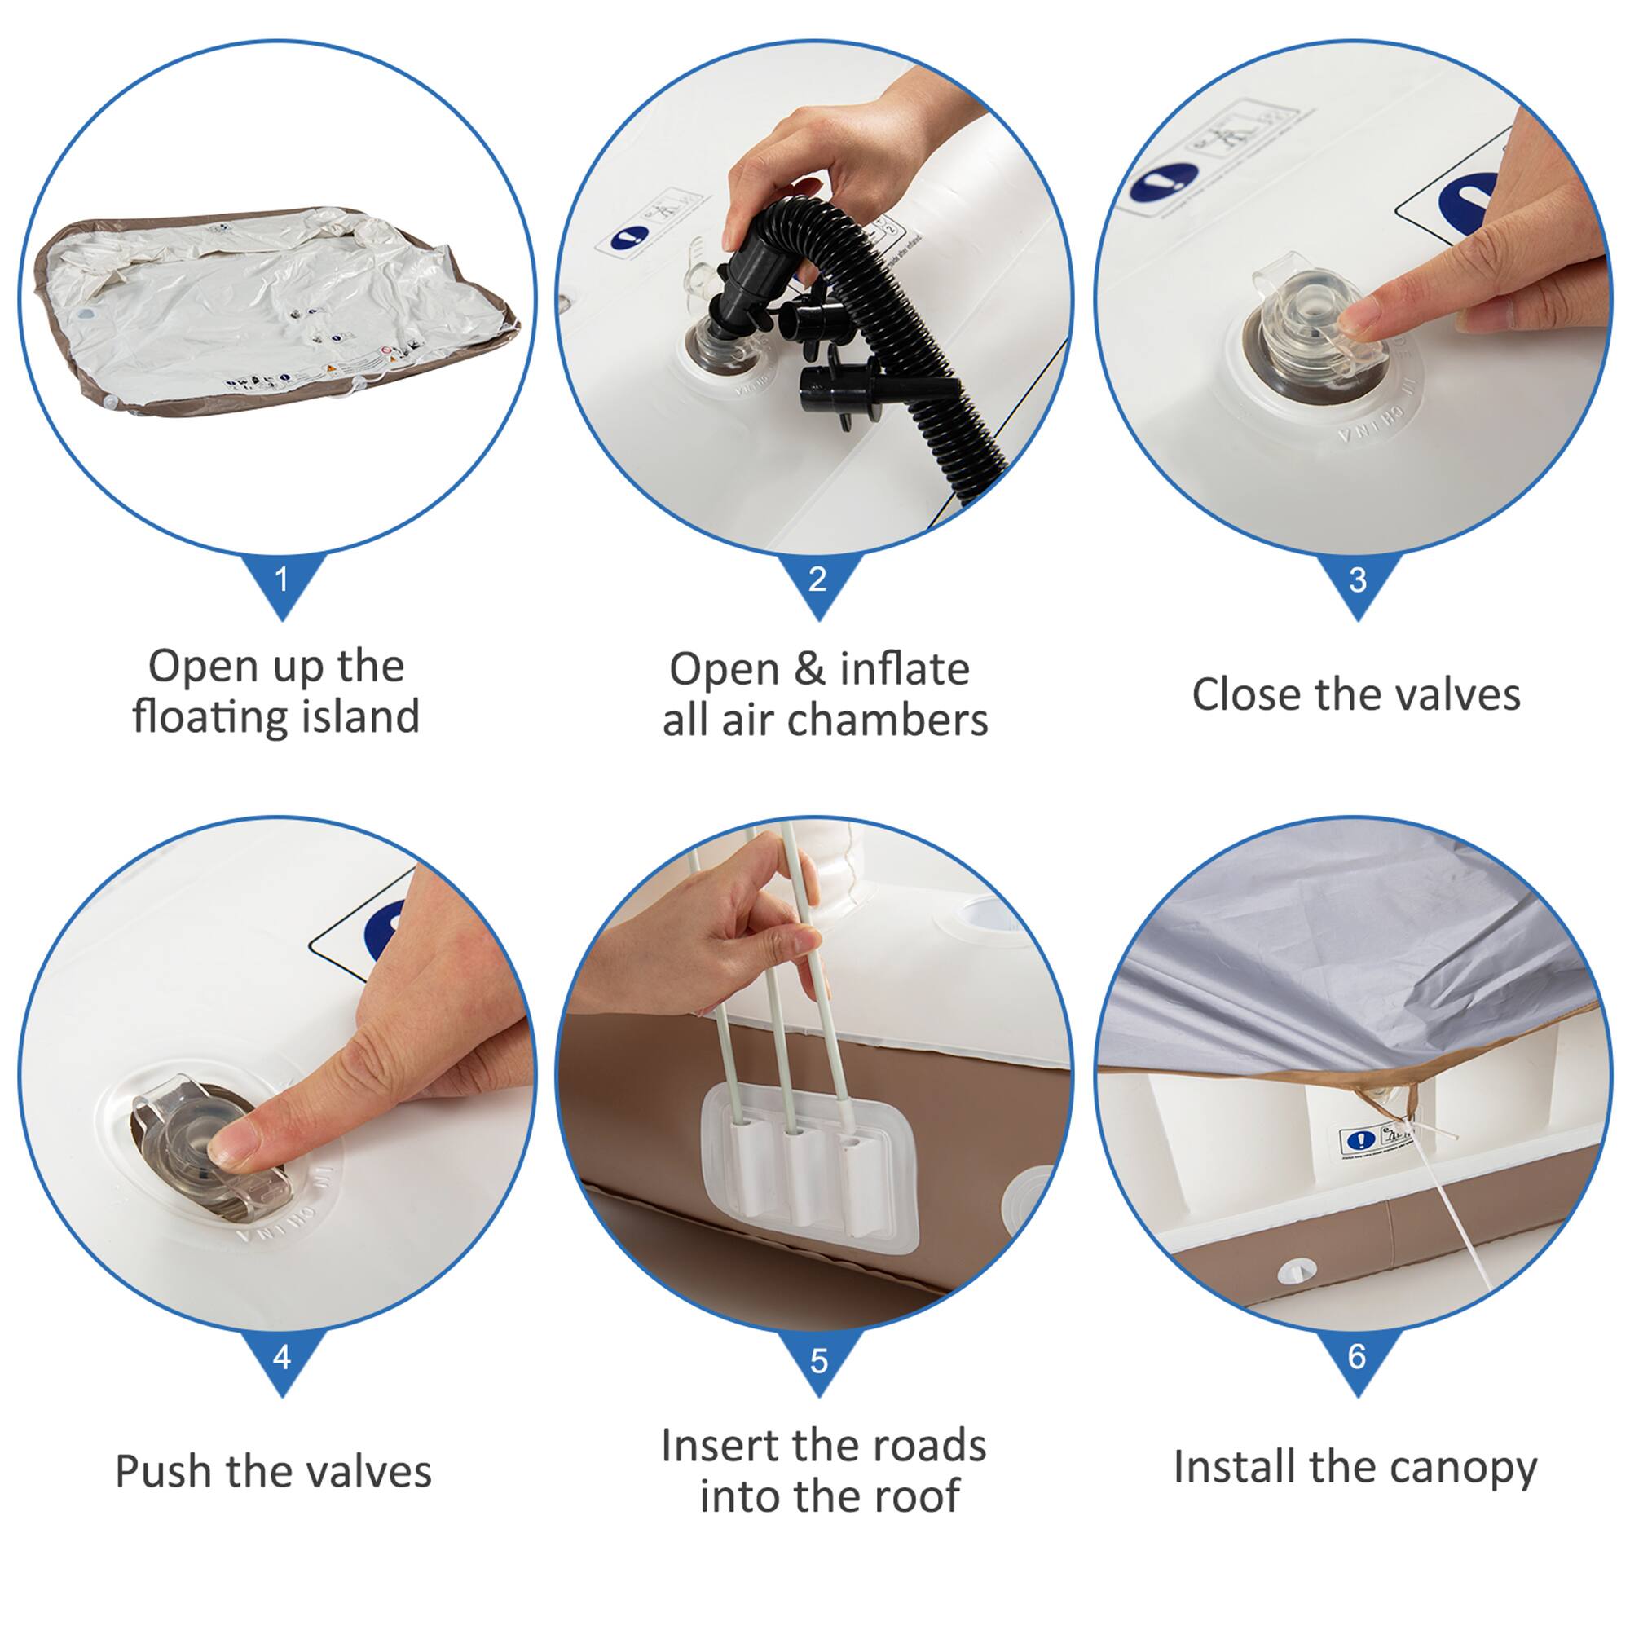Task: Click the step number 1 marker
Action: pos(282,580)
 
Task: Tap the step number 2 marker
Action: pos(817,580)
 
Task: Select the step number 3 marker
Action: pos(1357,580)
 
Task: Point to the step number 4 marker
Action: pos(282,1357)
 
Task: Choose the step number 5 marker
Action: pos(818,1360)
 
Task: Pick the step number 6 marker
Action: pos(1357,1357)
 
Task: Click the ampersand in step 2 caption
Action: pos(809,670)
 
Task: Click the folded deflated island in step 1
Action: pos(270,312)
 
